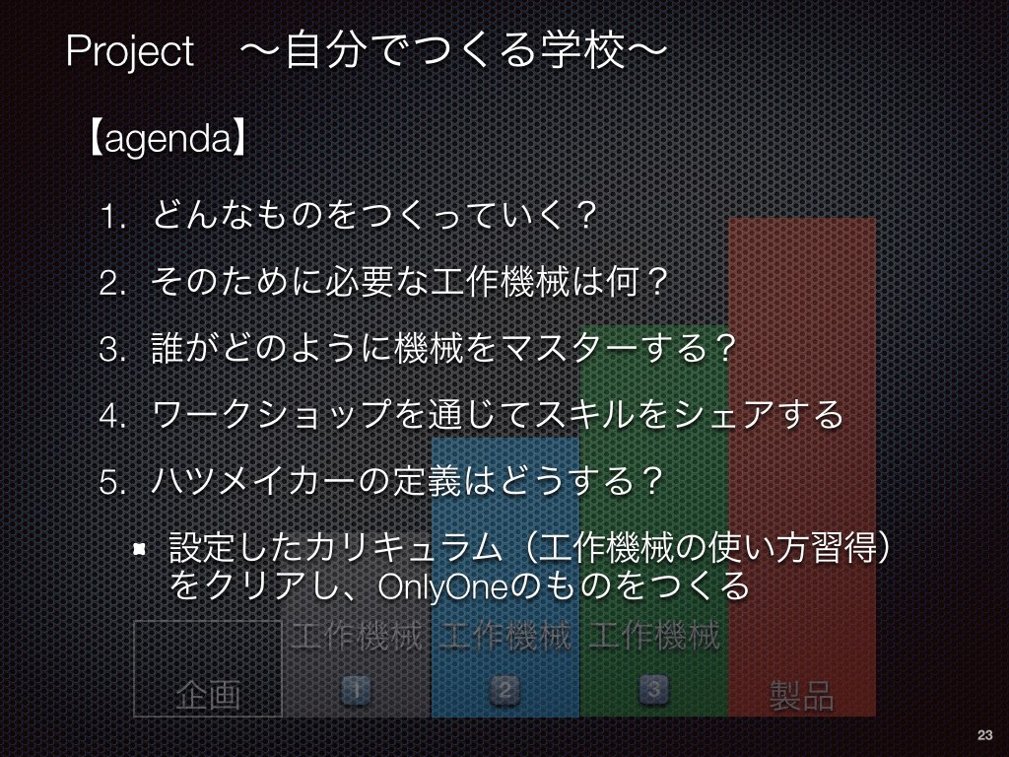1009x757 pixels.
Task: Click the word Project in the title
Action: tap(129, 51)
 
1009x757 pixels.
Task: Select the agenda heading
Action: tap(168, 137)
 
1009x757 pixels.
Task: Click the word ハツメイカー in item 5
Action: tap(253, 481)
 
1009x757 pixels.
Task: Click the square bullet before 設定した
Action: tap(139, 549)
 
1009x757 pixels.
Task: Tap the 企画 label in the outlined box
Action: tap(208, 695)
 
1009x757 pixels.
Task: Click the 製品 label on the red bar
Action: tap(802, 695)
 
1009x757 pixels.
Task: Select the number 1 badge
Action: tap(356, 690)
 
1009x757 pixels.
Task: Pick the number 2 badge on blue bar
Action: tap(505, 690)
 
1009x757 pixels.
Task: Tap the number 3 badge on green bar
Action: tap(654, 690)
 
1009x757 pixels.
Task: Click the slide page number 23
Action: tap(984, 734)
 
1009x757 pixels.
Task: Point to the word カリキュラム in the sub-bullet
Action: tap(403, 548)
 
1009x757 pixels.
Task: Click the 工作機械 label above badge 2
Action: tap(505, 636)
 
